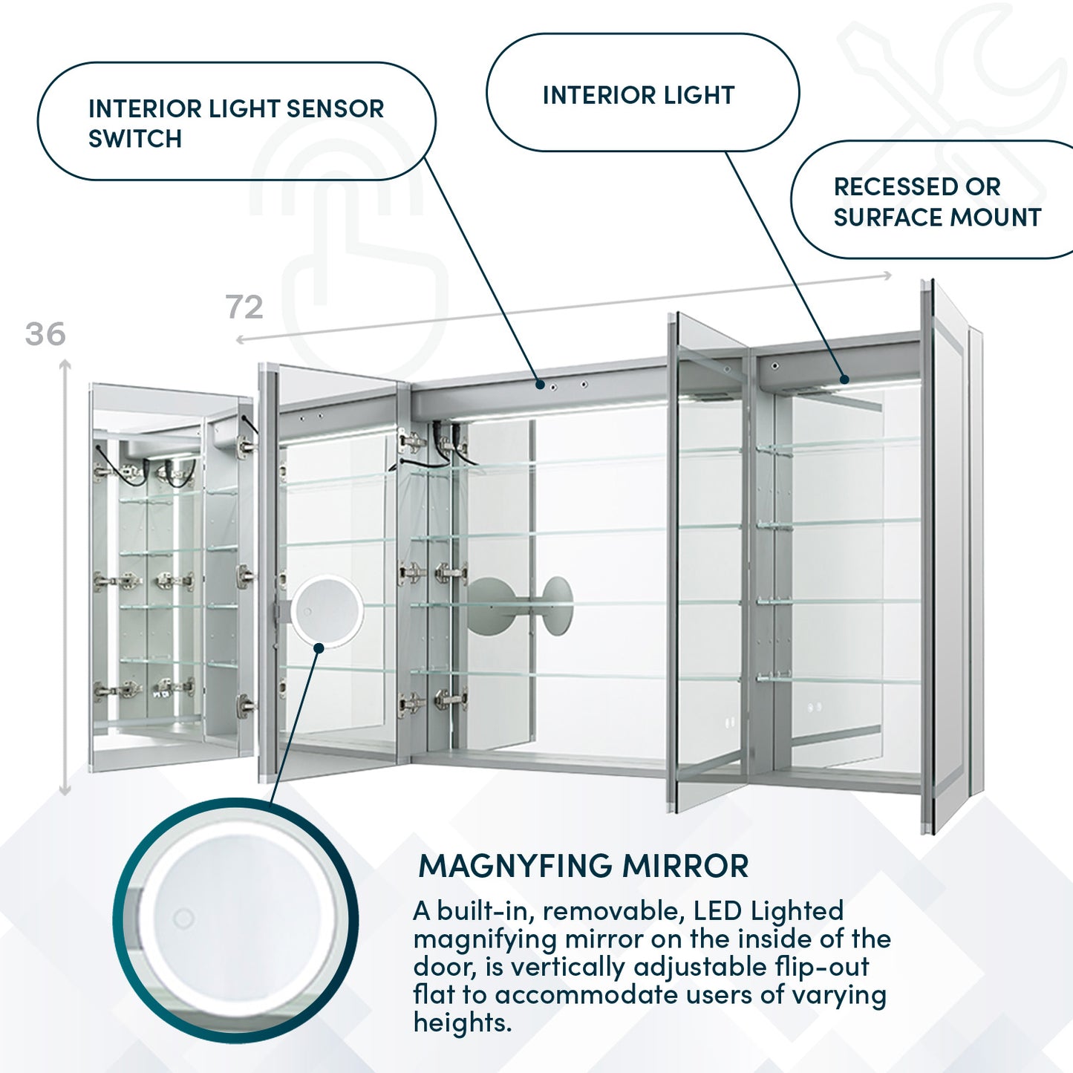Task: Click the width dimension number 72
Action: [244, 307]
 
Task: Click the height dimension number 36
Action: [45, 335]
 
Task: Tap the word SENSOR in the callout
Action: [335, 109]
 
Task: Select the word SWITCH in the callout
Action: [135, 139]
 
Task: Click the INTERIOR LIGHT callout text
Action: [638, 96]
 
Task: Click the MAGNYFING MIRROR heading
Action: [584, 867]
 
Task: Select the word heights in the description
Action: [461, 1023]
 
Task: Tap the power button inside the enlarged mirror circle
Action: [183, 919]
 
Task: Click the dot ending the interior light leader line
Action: [844, 379]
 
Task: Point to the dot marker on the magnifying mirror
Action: [319, 648]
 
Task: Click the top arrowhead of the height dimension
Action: [65, 364]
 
